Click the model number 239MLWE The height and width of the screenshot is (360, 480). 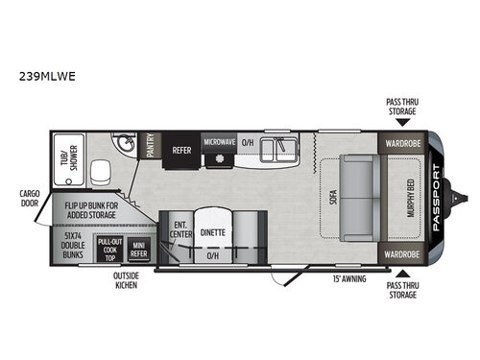coord(47,76)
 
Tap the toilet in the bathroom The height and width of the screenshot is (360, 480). coord(101,173)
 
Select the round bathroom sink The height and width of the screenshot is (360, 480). coord(125,144)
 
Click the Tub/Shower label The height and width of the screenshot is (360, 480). coord(69,158)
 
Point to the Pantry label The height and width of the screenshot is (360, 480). coord(150,145)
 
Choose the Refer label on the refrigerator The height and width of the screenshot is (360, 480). coord(181,150)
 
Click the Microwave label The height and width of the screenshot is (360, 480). coord(220,142)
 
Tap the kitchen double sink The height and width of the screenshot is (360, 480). coord(278,150)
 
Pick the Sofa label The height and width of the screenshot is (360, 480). coord(333,197)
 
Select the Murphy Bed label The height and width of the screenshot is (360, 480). coord(411,198)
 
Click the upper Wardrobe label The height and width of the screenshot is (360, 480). coord(403,143)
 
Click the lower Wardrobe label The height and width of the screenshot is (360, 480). coord(402,254)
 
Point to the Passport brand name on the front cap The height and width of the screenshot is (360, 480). coord(436,198)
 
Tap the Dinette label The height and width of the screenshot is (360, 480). coord(213,232)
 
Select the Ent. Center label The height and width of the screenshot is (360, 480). coord(180,229)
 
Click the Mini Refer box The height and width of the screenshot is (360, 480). coord(139,250)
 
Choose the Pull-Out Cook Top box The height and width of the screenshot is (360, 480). coord(110,250)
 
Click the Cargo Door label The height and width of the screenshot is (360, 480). coord(30,199)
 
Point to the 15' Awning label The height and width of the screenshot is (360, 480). coord(349,278)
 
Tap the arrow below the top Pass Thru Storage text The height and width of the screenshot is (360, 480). coord(402,122)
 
